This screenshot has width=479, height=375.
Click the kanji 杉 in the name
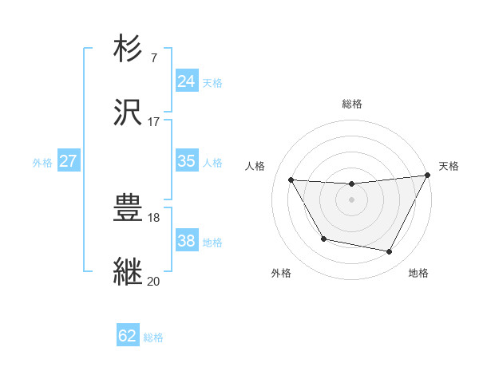(129, 49)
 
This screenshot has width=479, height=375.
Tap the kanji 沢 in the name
(129, 113)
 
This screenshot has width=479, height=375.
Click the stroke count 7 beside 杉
(153, 57)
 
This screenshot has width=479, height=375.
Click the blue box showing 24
(186, 81)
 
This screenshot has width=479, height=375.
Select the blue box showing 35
(186, 161)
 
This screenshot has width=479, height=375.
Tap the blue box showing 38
(186, 240)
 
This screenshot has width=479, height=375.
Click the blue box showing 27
(68, 161)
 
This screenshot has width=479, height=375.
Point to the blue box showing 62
(128, 336)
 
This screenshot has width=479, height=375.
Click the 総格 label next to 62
(153, 337)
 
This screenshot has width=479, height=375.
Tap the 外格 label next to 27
(42, 163)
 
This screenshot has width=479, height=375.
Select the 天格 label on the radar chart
(449, 166)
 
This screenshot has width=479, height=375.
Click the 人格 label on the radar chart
(255, 166)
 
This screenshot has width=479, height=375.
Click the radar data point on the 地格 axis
(390, 252)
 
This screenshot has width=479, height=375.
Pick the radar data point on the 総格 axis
(351, 184)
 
